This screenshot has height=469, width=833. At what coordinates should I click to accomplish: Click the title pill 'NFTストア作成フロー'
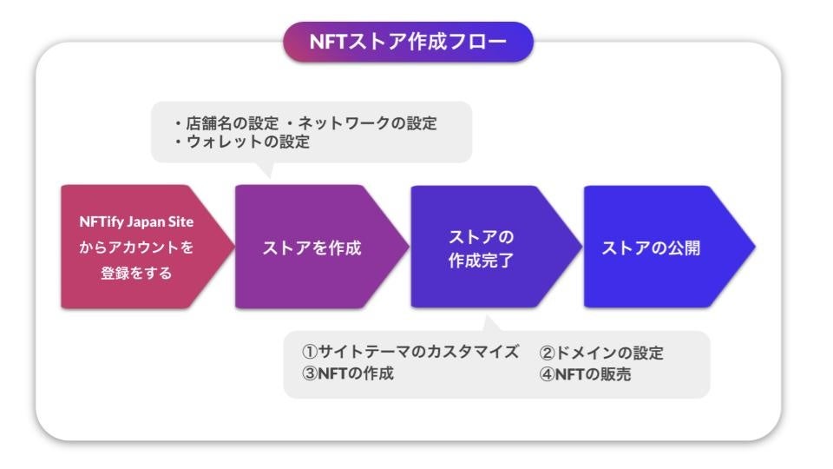pyautogui.click(x=408, y=42)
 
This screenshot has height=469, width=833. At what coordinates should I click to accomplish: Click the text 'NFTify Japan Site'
pyautogui.click(x=136, y=221)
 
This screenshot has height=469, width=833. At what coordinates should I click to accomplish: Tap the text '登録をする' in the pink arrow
pyautogui.click(x=136, y=274)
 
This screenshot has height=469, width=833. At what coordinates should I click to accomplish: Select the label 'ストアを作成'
pyautogui.click(x=312, y=248)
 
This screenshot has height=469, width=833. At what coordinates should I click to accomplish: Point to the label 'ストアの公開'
pyautogui.click(x=651, y=248)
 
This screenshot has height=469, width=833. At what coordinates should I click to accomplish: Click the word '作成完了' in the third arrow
pyautogui.click(x=481, y=260)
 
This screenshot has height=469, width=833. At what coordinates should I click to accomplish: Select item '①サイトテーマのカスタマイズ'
pyautogui.click(x=410, y=353)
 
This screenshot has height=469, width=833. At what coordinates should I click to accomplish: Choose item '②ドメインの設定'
pyautogui.click(x=601, y=353)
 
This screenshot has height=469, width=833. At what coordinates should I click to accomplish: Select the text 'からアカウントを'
pyautogui.click(x=136, y=248)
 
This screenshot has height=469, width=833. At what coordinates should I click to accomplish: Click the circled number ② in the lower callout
pyautogui.click(x=547, y=353)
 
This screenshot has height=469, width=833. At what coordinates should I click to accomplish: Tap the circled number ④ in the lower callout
pyautogui.click(x=547, y=374)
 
